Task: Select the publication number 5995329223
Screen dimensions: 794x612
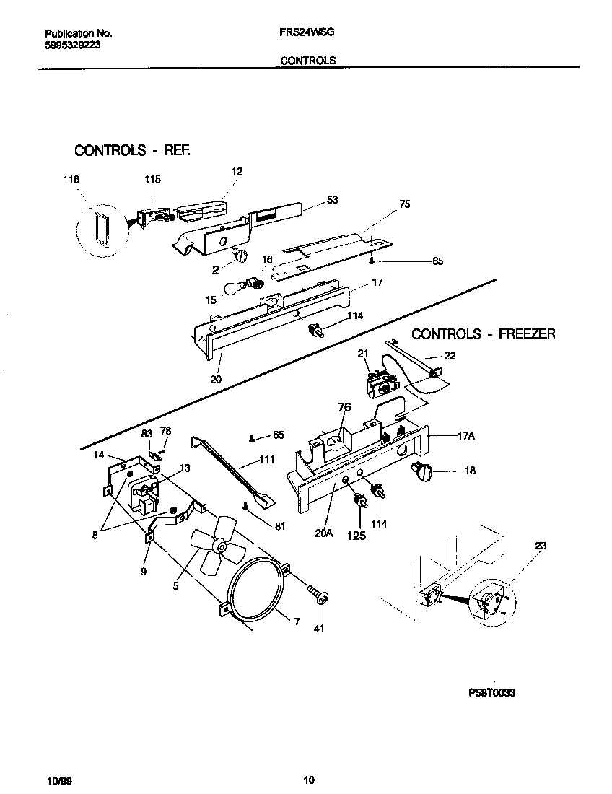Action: [x=72, y=44]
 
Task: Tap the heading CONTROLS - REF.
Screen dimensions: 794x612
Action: [x=132, y=151]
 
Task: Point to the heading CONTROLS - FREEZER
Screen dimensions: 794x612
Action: [x=483, y=333]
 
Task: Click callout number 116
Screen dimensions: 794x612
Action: [x=71, y=179]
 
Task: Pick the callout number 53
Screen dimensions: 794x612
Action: [x=332, y=200]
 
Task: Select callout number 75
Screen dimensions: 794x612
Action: [x=404, y=204]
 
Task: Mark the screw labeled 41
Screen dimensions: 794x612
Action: [x=318, y=595]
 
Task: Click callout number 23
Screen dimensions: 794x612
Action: [x=540, y=546]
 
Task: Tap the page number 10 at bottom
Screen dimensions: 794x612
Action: [x=308, y=780]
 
